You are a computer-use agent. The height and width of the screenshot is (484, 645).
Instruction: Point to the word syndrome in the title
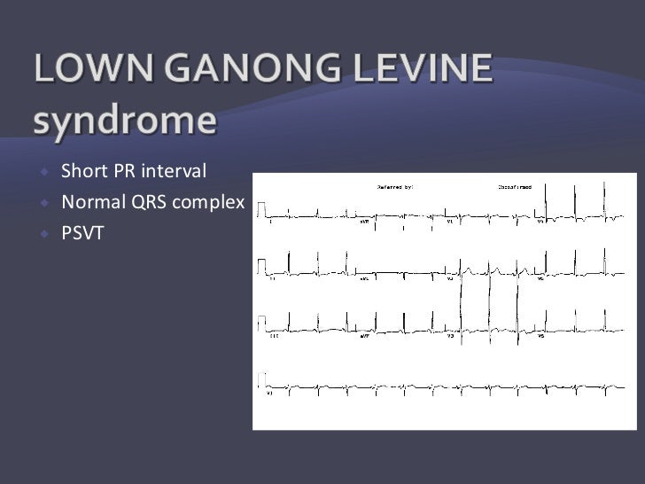(x=125, y=121)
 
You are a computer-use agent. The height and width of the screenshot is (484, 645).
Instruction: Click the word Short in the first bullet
(x=82, y=169)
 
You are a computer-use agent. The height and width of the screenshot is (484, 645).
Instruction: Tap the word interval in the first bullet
(x=174, y=169)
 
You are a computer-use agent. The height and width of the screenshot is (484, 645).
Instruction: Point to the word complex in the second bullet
(x=209, y=204)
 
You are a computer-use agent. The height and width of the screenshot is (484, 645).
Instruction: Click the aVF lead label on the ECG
(x=365, y=338)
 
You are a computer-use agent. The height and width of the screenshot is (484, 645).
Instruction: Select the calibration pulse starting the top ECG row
(x=262, y=208)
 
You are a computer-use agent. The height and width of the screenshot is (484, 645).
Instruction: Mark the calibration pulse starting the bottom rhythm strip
(x=262, y=381)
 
